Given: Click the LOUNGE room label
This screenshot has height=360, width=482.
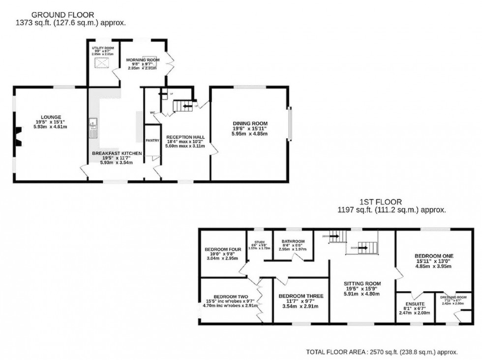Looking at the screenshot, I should click(51, 117).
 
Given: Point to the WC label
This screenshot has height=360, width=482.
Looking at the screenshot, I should click(152, 113).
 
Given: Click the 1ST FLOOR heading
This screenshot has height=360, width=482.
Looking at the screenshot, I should click(381, 202).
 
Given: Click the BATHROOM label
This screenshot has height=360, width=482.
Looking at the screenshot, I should click(293, 241).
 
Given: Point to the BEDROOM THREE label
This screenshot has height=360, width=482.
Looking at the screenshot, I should click(301, 296).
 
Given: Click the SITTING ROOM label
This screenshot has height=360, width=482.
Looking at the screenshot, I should click(362, 283).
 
